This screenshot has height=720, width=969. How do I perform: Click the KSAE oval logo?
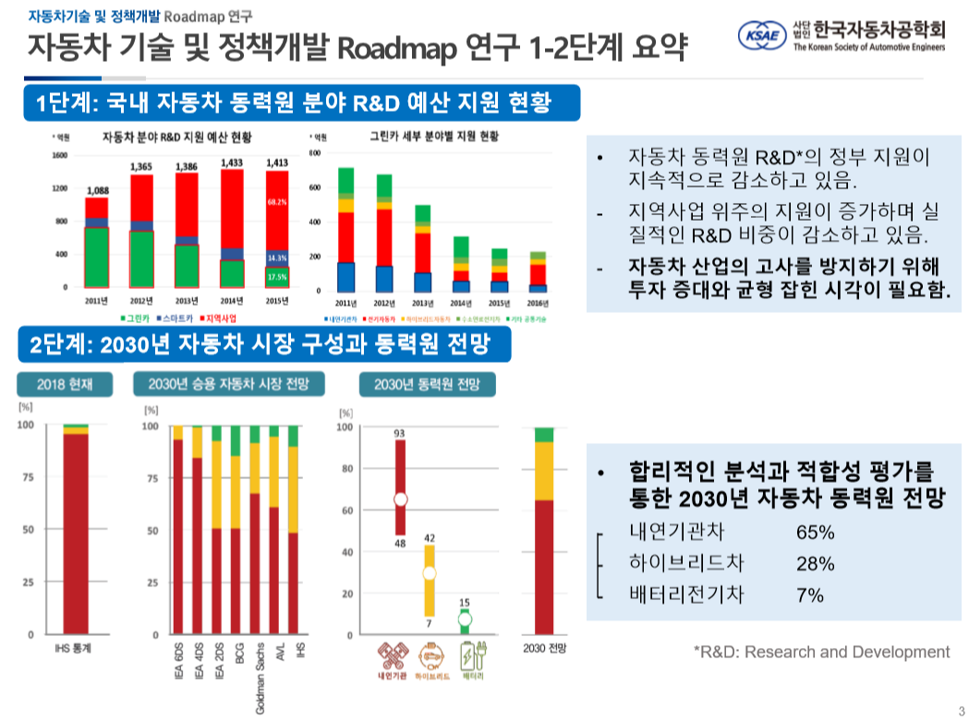click(763, 35)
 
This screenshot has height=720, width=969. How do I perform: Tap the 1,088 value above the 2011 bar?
click(97, 191)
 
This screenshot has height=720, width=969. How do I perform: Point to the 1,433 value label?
click(233, 162)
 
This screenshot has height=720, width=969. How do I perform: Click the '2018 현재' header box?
click(62, 384)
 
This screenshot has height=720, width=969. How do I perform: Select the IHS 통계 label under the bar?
click(75, 649)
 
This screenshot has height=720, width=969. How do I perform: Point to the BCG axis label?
click(238, 656)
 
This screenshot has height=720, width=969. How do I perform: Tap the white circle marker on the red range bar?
click(401, 499)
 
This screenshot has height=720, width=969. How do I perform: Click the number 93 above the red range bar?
click(400, 433)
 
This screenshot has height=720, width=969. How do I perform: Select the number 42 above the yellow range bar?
click(430, 537)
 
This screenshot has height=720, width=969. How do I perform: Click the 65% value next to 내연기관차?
click(815, 533)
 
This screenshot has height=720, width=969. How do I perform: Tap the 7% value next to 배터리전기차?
click(809, 595)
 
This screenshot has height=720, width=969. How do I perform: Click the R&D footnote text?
click(820, 652)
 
